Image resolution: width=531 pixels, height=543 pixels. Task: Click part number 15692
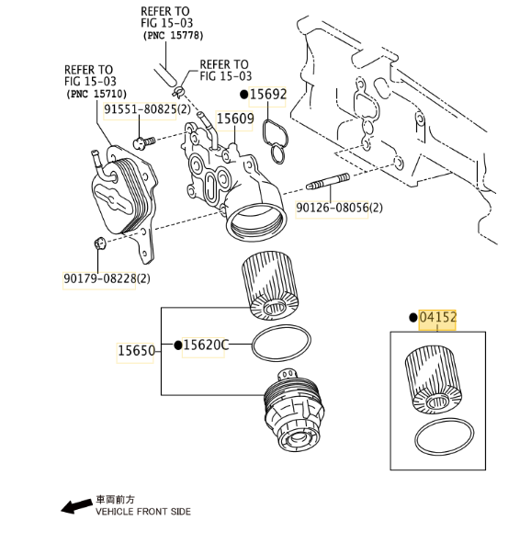point(268,95)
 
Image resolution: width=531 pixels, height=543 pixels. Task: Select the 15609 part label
point(235,119)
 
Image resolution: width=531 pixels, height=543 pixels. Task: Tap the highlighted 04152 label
point(438,317)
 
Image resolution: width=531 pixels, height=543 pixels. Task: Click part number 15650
point(136,350)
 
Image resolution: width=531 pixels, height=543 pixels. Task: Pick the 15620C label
point(206,345)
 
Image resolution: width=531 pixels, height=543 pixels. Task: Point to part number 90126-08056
point(332,208)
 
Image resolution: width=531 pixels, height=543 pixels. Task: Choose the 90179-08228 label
point(100,278)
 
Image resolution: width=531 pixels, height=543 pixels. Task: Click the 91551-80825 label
point(141,109)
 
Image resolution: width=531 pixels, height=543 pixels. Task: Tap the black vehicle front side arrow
point(77,506)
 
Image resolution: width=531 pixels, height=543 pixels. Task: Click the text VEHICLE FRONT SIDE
point(143,512)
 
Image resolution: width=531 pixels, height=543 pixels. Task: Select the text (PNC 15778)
point(173,35)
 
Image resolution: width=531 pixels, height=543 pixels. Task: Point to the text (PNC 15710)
point(96,94)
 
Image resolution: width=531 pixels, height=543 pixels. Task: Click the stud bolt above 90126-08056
point(328,182)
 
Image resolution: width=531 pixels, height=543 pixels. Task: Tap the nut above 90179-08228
point(99,243)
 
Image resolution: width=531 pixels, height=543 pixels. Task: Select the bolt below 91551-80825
point(144,142)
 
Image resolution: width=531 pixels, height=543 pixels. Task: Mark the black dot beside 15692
point(244,95)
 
